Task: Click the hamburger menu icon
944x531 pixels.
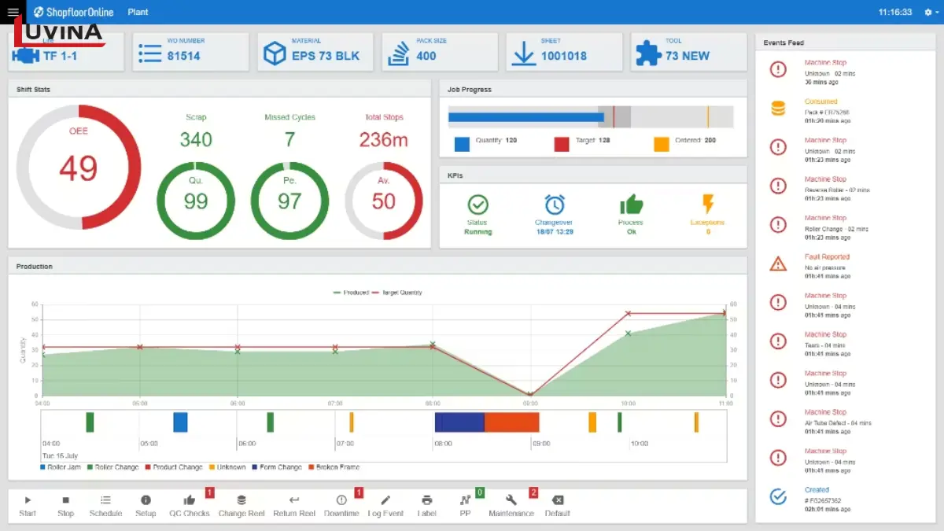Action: pyautogui.click(x=13, y=13)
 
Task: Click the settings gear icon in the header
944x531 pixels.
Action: pyautogui.click(x=927, y=13)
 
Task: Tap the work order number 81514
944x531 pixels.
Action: pyautogui.click(x=183, y=56)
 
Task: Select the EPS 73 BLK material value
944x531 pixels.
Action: pyautogui.click(x=325, y=56)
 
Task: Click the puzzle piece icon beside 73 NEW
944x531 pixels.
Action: pyautogui.click(x=648, y=53)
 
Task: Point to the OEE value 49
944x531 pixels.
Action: pyautogui.click(x=79, y=168)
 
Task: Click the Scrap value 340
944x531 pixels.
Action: pyautogui.click(x=196, y=139)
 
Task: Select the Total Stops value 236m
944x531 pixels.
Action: pyautogui.click(x=384, y=139)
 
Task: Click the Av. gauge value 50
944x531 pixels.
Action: pyautogui.click(x=384, y=201)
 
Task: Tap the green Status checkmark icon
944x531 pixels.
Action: pyautogui.click(x=478, y=205)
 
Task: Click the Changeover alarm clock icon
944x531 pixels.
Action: pyautogui.click(x=554, y=205)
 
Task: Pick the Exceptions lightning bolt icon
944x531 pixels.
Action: pyautogui.click(x=708, y=205)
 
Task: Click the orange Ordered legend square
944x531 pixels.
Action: pyautogui.click(x=662, y=144)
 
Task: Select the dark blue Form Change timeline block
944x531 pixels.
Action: pyautogui.click(x=459, y=422)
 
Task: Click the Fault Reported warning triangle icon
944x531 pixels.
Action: pyautogui.click(x=778, y=264)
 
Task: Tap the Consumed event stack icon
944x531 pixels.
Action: pyautogui.click(x=778, y=109)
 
